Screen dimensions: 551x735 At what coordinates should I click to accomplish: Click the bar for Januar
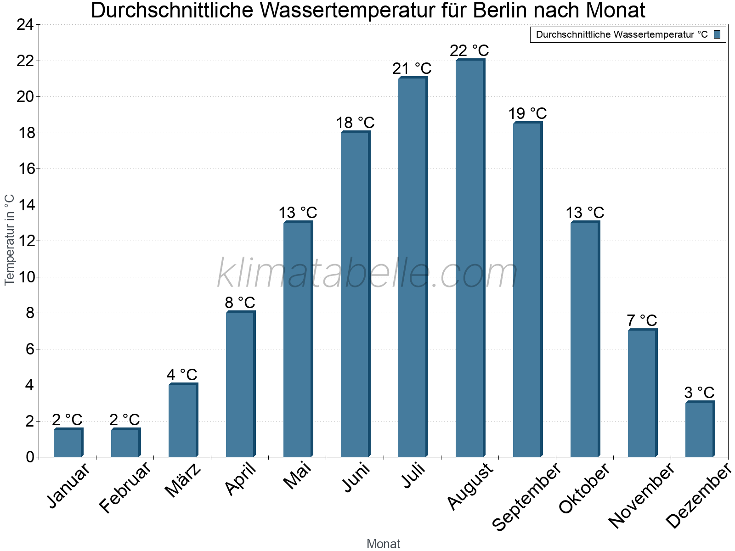pos(68,443)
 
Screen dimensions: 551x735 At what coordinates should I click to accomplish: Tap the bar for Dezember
pos(700,429)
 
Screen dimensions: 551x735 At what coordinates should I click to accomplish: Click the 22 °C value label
pos(469,51)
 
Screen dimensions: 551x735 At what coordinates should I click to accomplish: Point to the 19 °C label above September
pos(527,113)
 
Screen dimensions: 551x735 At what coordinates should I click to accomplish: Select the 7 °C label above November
pos(642,320)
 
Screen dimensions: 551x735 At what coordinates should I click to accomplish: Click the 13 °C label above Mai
pos(298,213)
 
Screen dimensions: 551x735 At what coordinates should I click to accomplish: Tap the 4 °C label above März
pos(182,375)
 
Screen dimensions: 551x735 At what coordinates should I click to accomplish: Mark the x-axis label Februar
pos(125,488)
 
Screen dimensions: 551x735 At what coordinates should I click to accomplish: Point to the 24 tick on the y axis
pos(25,25)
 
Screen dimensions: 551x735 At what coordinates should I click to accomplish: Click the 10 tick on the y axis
pos(25,277)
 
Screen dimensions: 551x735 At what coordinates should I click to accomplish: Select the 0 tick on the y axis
pos(30,457)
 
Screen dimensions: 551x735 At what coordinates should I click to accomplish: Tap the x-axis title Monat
pos(383,544)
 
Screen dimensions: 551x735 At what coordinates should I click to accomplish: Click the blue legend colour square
pos(718,34)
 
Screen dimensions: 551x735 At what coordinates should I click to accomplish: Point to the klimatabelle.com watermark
pos(367,274)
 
